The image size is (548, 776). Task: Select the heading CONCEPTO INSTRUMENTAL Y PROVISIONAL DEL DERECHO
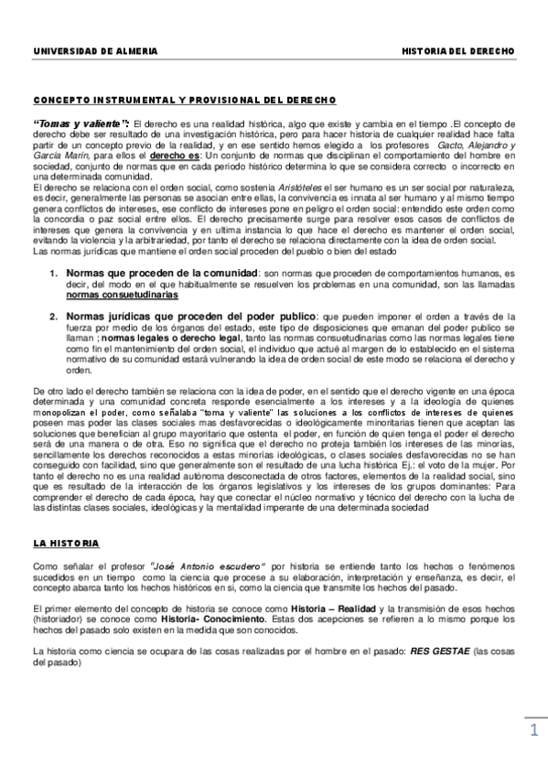point(184,100)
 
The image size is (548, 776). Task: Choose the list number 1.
point(54,274)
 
